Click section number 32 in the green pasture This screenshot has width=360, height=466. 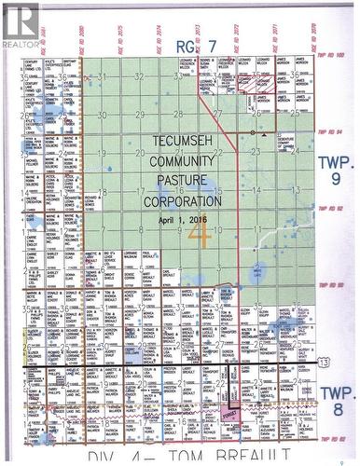pos(138,76)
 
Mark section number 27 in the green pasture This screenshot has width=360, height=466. pos(216,114)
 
